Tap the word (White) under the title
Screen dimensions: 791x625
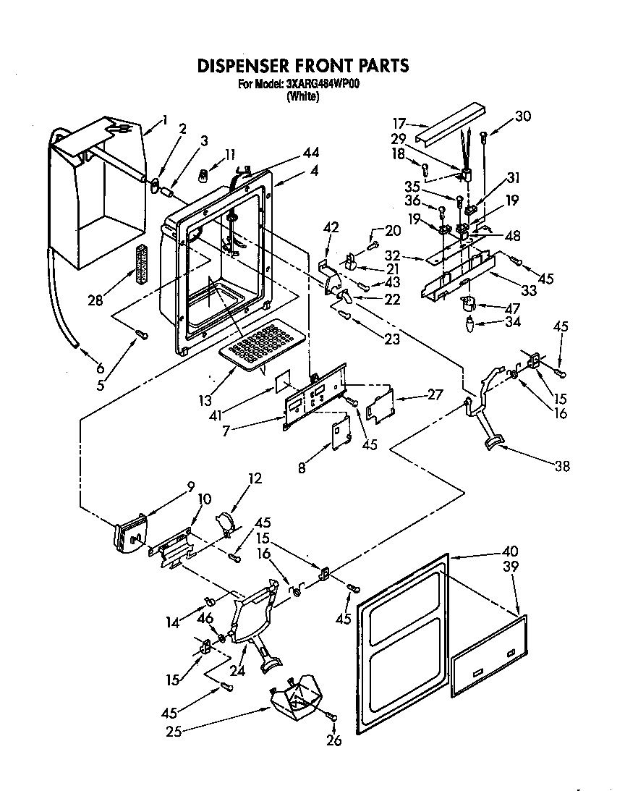(x=302, y=96)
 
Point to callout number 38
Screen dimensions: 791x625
(x=561, y=467)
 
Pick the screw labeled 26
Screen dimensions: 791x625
(x=333, y=716)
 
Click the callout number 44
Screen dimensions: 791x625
(x=312, y=153)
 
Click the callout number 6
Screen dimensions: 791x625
(x=99, y=368)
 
